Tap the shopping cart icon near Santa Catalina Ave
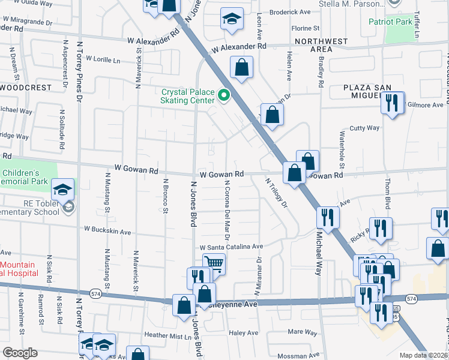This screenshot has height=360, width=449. coord(214,263)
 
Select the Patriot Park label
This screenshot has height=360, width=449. coord(391,22)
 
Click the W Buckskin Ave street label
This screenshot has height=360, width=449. coord(107,230)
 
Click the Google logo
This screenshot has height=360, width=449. coord(20,353)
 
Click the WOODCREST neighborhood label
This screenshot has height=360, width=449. coord(26,88)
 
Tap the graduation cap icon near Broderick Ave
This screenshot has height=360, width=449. coord(231,18)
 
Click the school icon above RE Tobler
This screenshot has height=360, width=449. coord(62,190)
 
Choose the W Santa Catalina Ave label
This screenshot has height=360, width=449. coord(232,247)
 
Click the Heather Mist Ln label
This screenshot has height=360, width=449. coord(167,335)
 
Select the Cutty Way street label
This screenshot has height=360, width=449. coord(365,128)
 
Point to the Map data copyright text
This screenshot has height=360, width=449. coord(423,355)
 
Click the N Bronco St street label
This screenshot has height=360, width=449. coord(165,196)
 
